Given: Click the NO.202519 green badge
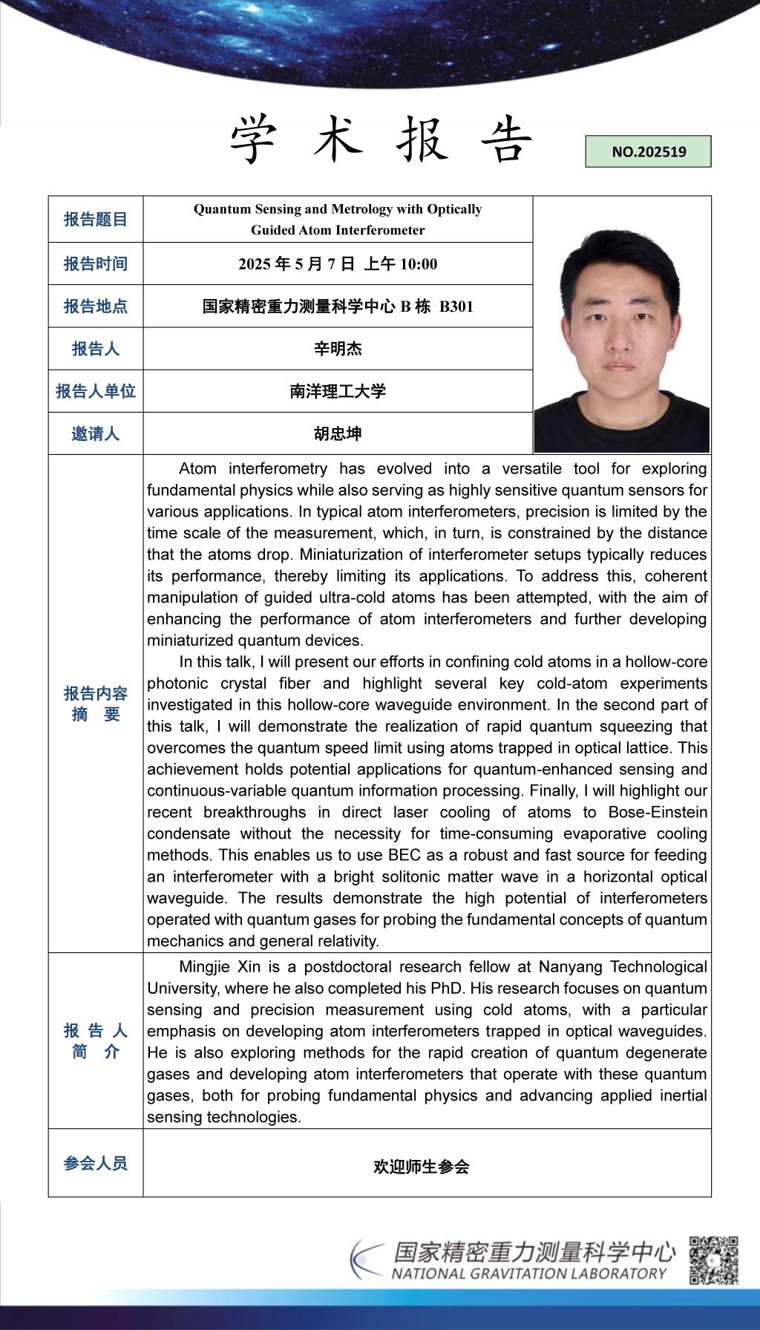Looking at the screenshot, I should click(648, 151).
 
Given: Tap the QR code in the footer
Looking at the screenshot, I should click(714, 1259).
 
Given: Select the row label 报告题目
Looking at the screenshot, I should click(96, 219).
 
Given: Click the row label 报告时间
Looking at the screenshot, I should click(96, 263).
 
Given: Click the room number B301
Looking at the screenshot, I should click(456, 307).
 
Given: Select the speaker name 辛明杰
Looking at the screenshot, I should click(338, 349).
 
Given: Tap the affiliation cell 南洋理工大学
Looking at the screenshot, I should click(338, 391).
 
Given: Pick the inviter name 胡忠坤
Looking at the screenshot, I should click(338, 433).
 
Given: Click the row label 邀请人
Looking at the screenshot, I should click(96, 433).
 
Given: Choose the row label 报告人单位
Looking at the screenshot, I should click(96, 391).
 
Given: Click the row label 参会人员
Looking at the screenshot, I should click(96, 1163).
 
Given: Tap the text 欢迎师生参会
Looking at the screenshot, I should click(422, 1167).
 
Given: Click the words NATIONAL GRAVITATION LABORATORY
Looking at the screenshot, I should click(529, 1274).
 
